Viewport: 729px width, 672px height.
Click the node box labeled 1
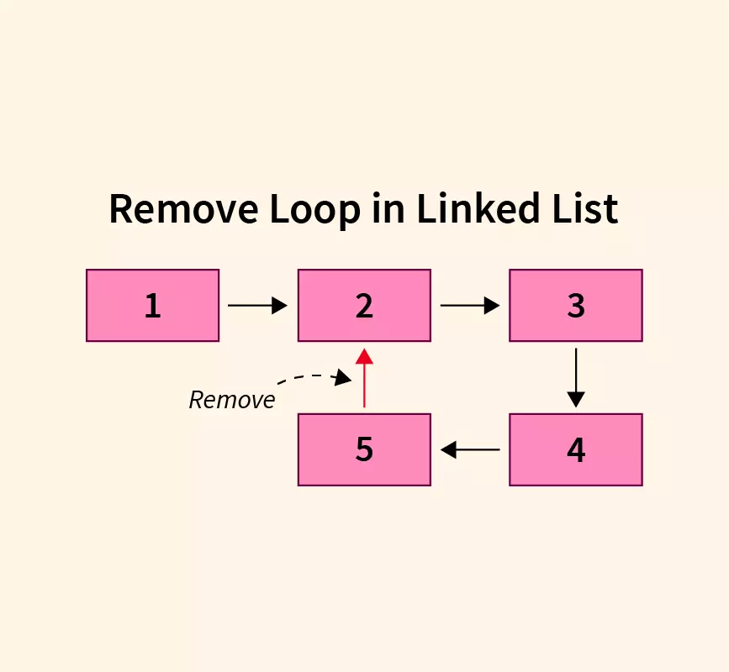click(x=152, y=306)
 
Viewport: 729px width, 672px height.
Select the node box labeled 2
click(x=364, y=306)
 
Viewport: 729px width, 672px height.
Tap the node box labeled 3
click(x=576, y=306)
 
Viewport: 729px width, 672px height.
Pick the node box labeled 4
click(x=576, y=449)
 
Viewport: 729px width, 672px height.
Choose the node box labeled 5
click(x=364, y=449)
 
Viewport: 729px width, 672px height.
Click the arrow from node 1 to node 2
click(x=257, y=306)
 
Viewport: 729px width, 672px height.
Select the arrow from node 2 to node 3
click(x=469, y=306)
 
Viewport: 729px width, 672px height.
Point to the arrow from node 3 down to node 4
click(x=576, y=377)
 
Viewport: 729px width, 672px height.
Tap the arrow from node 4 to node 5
click(x=470, y=450)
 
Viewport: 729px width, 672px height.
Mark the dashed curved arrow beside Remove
click(x=315, y=378)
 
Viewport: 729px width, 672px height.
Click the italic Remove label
click(x=232, y=400)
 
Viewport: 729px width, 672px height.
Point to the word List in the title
click(x=581, y=208)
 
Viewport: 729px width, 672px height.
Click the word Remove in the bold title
click(x=182, y=208)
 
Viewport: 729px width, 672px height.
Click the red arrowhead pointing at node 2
click(x=364, y=356)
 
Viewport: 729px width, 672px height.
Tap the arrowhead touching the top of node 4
click(x=576, y=400)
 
